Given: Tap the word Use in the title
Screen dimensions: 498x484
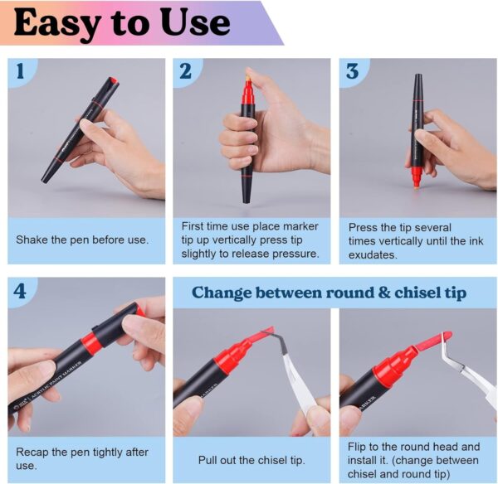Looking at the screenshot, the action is [195, 22].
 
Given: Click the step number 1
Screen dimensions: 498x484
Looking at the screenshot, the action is [20, 70].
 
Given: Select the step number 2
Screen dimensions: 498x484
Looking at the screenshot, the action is [185, 70].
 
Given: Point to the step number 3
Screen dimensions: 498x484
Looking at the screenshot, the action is [352, 71].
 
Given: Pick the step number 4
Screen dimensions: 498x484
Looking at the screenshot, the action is [20, 291].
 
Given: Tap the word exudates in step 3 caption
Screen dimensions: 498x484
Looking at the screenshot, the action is [373, 254].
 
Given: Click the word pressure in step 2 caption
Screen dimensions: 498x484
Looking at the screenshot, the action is [295, 254].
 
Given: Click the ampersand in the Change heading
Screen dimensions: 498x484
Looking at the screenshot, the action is [384, 292].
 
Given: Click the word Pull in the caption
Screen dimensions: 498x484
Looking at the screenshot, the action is [207, 460].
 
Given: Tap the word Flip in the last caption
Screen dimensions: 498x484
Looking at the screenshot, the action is [356, 447].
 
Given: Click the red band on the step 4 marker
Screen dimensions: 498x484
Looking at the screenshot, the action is [91, 341].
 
